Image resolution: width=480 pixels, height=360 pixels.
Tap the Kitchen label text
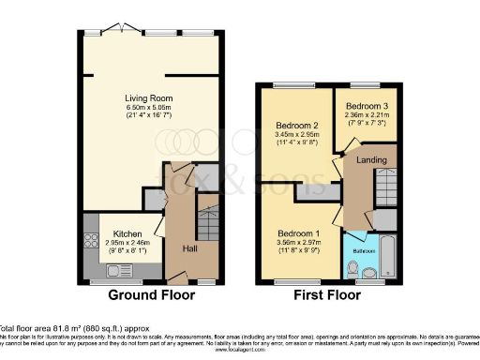coord(127,233)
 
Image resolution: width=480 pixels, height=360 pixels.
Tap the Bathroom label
coord(364,250)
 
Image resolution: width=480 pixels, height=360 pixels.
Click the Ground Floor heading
coord(152,294)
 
